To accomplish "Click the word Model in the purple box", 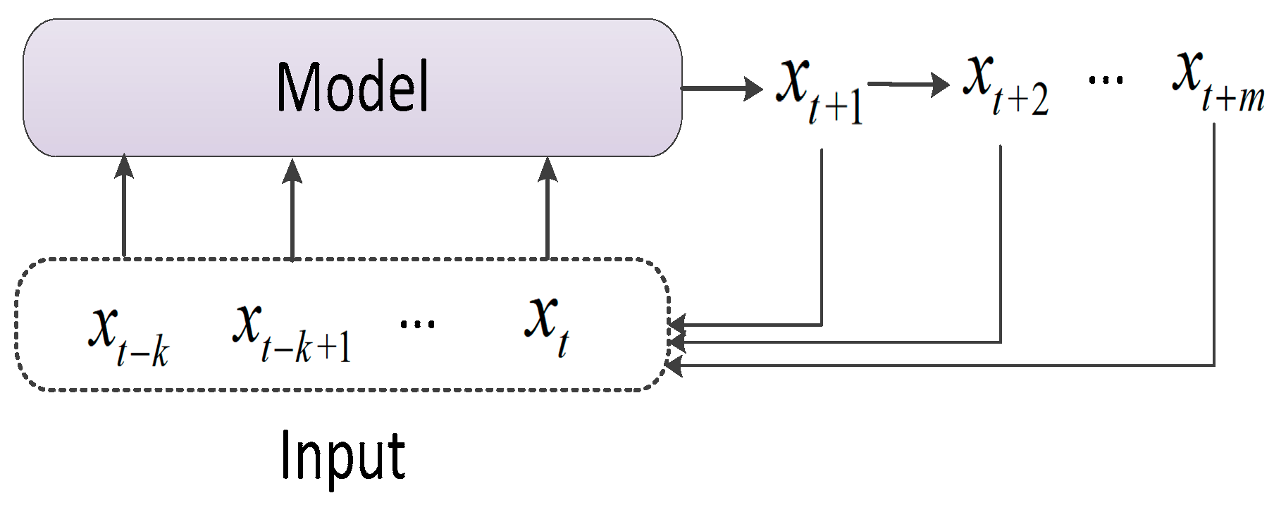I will coord(352,87).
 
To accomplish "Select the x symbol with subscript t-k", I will coord(127,335).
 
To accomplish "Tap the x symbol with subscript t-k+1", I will coord(290,331).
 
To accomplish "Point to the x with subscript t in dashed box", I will coord(547,324).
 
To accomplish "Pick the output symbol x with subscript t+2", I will coord(1004,83).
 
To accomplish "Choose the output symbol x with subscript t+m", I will coord(1217,80).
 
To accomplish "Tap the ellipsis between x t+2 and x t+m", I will coord(1106,80).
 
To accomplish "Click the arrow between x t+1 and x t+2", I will coord(909,85).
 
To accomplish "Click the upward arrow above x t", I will coord(548,207).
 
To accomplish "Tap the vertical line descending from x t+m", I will coord(1214,247).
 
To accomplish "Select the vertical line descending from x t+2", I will coord(1001,243).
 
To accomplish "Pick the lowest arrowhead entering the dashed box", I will coord(675,366).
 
